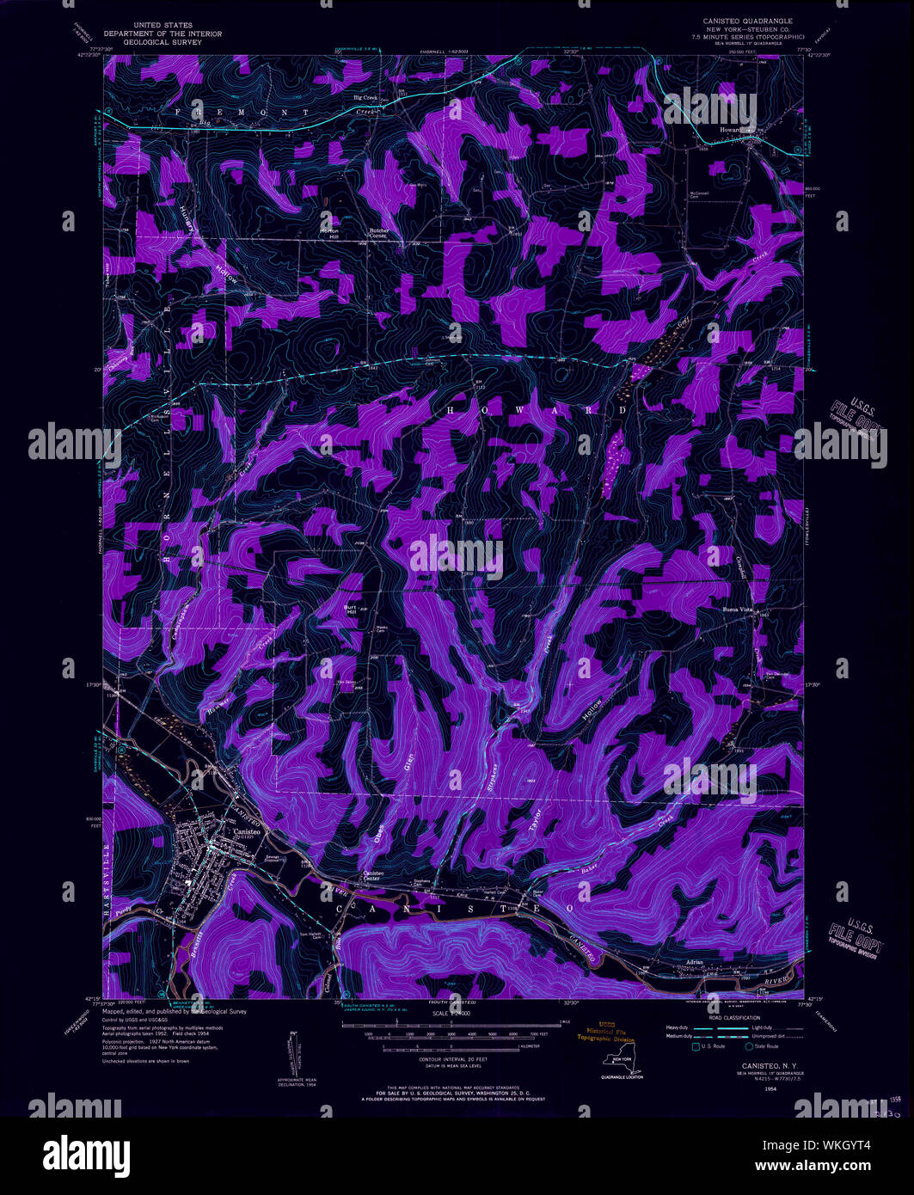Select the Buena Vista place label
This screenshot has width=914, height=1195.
pyautogui.click(x=736, y=610)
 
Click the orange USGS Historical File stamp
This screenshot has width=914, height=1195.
pyautogui.click(x=604, y=1033)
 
